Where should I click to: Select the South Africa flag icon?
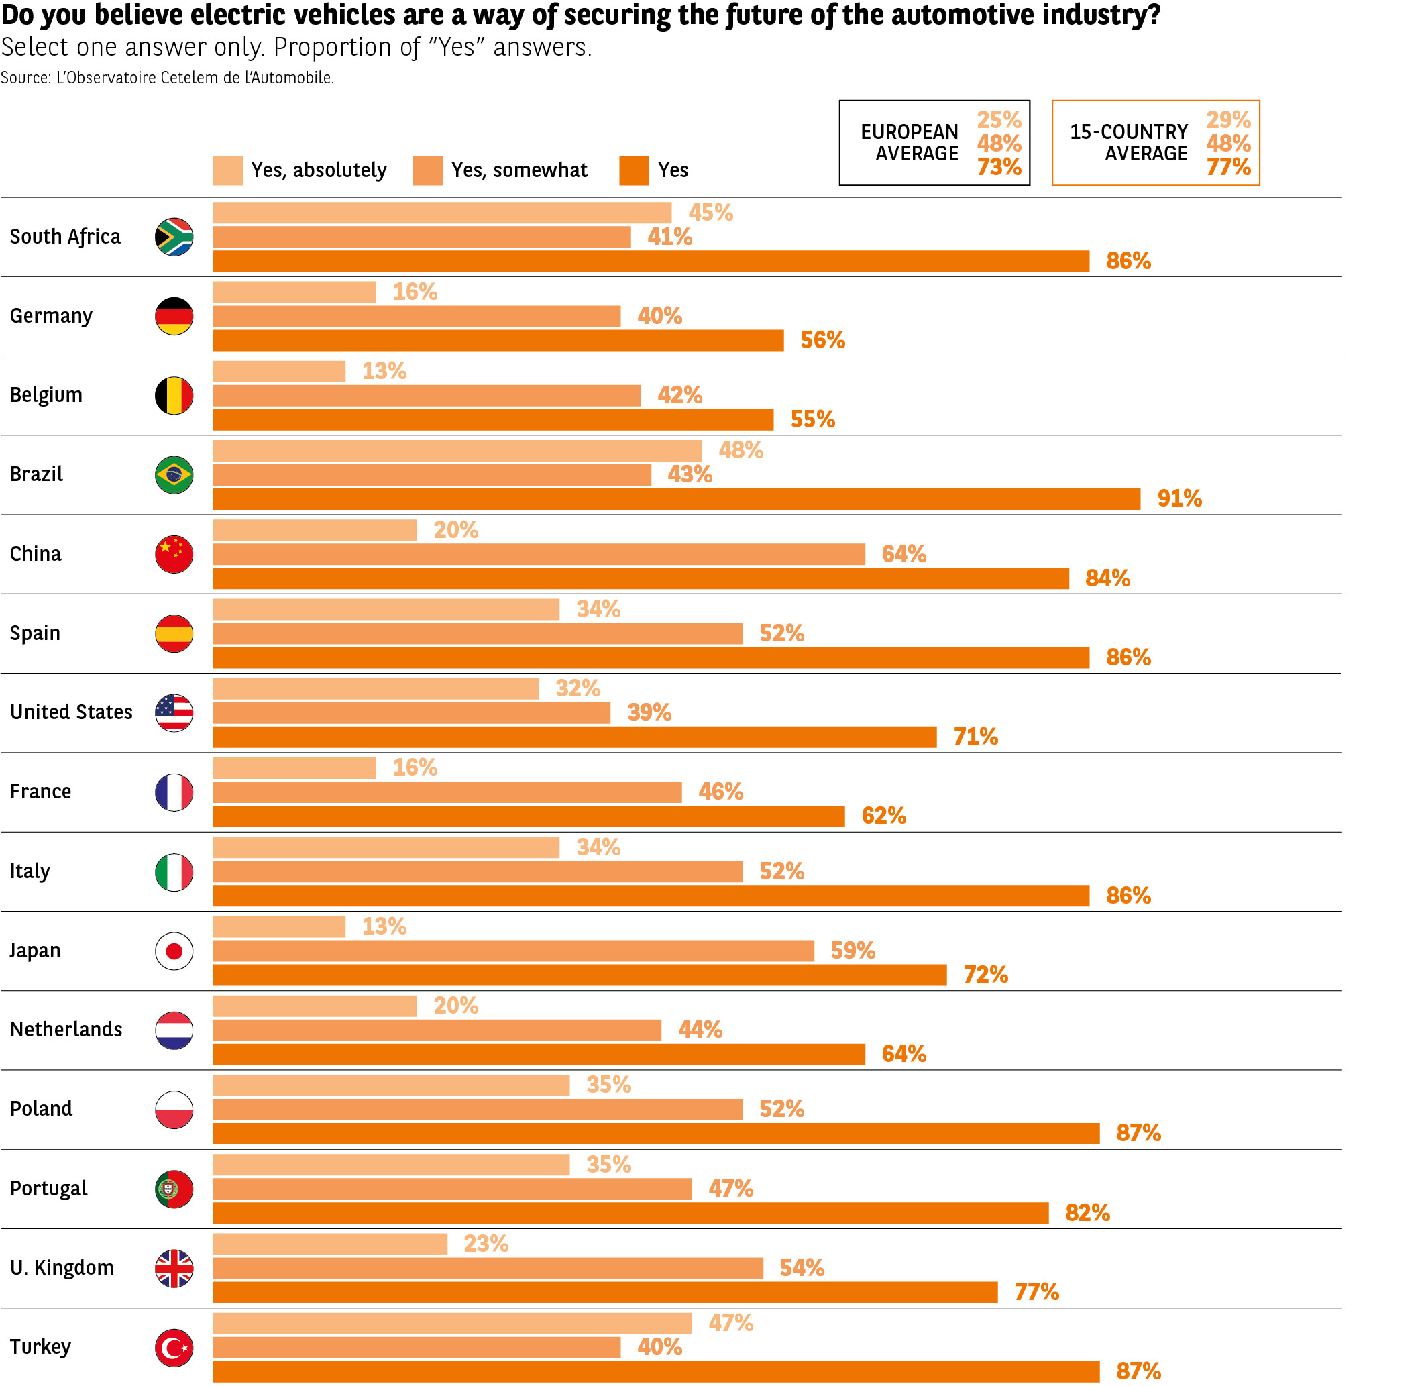(174, 237)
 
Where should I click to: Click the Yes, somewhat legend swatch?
(427, 170)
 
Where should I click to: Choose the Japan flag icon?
(174, 951)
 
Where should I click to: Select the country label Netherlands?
(66, 1029)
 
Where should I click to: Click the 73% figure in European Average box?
(999, 168)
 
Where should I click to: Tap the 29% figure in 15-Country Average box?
(1228, 119)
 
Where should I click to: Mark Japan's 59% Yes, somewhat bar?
(513, 951)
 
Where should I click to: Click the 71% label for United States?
(975, 737)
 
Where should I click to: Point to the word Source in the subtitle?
(25, 78)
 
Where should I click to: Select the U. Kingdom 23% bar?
(330, 1244)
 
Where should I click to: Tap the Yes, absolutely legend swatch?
(227, 170)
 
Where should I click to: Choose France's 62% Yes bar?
(529, 816)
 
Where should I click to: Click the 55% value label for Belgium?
(812, 419)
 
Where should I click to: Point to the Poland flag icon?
(174, 1110)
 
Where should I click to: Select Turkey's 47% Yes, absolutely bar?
(452, 1324)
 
